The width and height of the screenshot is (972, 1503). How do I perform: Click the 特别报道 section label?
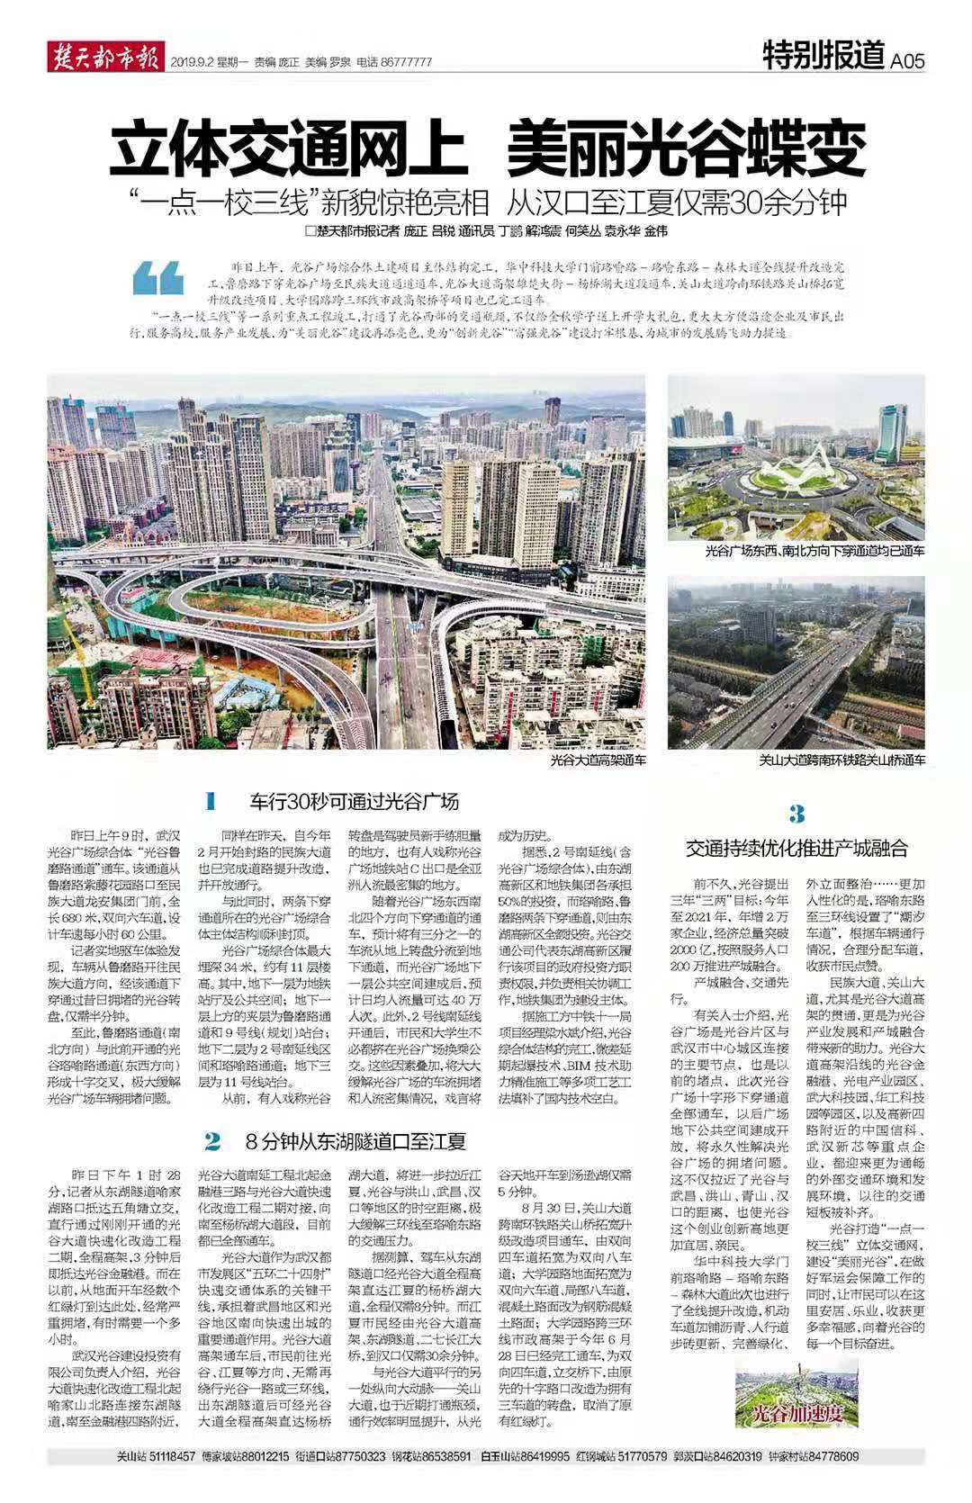[823, 57]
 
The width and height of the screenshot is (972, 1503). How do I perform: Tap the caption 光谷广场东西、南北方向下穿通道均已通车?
[814, 550]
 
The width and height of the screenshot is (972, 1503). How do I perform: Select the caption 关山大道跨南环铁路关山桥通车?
[841, 760]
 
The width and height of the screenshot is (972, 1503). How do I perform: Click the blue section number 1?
[211, 801]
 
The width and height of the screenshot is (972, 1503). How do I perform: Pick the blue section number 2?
[212, 1142]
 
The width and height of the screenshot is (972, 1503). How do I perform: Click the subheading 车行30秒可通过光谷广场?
[354, 802]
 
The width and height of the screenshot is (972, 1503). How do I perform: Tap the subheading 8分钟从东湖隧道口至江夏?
[355, 1143]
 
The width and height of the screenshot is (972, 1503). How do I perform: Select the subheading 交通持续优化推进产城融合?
[796, 848]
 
